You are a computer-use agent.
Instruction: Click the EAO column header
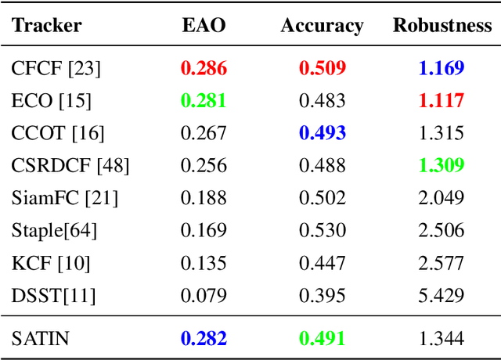tap(204, 26)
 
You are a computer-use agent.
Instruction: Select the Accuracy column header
tap(322, 26)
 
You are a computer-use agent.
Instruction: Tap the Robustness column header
tap(442, 26)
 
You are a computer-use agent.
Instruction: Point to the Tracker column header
tap(47, 26)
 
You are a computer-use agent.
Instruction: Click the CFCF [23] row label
tap(56, 68)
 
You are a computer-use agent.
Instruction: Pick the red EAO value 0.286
tap(204, 68)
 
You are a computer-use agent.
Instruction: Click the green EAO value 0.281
tap(204, 101)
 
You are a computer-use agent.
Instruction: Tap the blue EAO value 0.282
tap(204, 338)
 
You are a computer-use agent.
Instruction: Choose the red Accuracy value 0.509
tap(322, 68)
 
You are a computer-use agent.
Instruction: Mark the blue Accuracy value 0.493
tap(322, 133)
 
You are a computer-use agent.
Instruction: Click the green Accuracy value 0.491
tap(322, 338)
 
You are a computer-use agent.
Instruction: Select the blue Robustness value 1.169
tap(441, 68)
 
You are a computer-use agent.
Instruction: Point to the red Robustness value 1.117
tap(441, 101)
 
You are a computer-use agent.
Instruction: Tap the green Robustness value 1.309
tap(441, 165)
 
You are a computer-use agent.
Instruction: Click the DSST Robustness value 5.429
tap(441, 295)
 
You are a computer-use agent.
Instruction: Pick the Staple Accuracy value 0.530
tap(322, 230)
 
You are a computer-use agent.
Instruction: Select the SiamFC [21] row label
tap(64, 198)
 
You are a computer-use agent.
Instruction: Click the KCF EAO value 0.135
tap(204, 263)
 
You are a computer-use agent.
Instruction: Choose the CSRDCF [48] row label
tap(70, 165)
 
